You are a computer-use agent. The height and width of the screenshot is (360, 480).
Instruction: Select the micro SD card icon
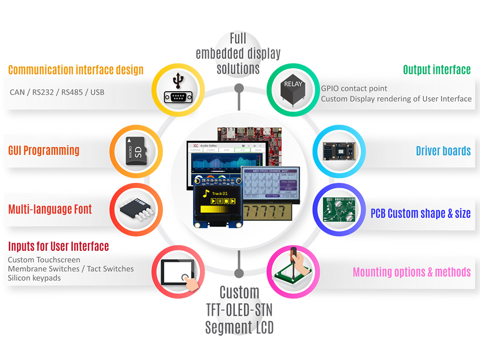pyautogui.click(x=136, y=151)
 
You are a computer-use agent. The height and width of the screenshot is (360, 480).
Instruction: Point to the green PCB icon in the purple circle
pyautogui.click(x=340, y=213)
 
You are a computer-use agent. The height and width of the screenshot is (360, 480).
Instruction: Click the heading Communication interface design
pyautogui.click(x=76, y=70)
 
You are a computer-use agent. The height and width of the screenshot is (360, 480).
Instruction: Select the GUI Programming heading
pyautogui.click(x=44, y=150)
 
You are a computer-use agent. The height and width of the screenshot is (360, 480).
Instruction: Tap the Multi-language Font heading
pyautogui.click(x=50, y=209)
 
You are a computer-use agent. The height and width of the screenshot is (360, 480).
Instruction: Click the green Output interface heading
pyautogui.click(x=436, y=70)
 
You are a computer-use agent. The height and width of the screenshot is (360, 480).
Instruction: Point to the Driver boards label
pyautogui.click(x=443, y=151)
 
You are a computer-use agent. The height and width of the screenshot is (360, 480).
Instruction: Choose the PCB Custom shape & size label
pyautogui.click(x=420, y=213)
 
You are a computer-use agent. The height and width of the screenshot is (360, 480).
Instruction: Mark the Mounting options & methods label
pyautogui.click(x=411, y=272)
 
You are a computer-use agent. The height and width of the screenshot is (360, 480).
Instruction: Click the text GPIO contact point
pyautogui.click(x=354, y=89)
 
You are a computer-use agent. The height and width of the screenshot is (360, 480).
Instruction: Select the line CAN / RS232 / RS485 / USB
pyautogui.click(x=57, y=92)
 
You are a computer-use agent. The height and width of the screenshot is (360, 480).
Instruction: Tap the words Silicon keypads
pyautogui.click(x=34, y=278)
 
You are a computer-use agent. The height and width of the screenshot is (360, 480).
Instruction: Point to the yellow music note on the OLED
pyautogui.click(x=206, y=194)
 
